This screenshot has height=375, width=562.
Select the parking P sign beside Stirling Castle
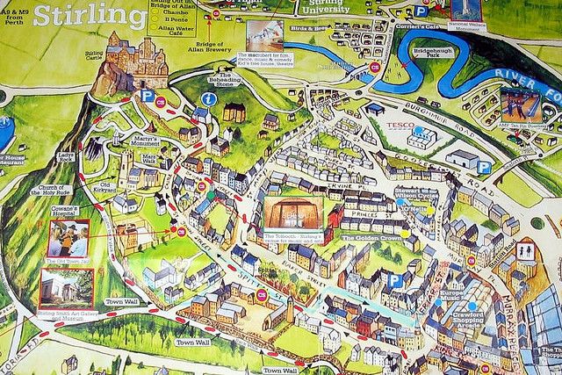[x=148, y=96]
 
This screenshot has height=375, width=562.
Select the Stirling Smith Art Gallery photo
[x=65, y=288]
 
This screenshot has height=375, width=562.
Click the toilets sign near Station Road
[x=526, y=252]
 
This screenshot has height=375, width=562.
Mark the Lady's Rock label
[x=65, y=158]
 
